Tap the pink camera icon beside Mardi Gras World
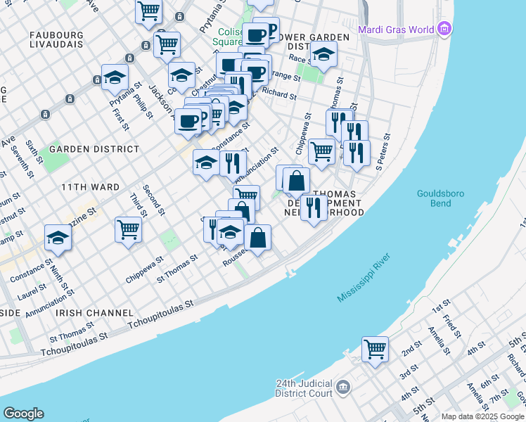coord(444,29)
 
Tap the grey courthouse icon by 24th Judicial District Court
coord(342,387)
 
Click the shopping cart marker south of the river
coord(375,348)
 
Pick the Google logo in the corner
coord(23,414)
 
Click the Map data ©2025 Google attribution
coord(482,416)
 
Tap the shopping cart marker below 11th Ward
coord(128,229)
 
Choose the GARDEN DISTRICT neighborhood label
coord(94,149)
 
